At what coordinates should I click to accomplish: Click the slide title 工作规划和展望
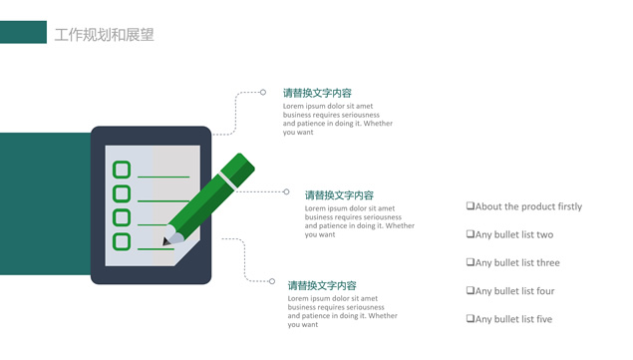[104, 35]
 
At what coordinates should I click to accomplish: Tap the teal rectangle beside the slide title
[23, 32]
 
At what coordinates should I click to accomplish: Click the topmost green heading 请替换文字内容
[317, 93]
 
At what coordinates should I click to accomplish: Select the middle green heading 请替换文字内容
[339, 195]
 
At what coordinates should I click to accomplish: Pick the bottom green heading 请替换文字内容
[322, 285]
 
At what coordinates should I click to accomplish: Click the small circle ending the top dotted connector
[263, 92]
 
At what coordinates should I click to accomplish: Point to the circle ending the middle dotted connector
[286, 191]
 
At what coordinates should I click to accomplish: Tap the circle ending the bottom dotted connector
[272, 281]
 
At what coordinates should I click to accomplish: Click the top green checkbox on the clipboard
[122, 170]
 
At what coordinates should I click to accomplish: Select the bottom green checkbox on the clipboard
[122, 241]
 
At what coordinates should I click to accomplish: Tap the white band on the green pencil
[227, 181]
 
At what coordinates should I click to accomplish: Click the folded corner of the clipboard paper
[187, 253]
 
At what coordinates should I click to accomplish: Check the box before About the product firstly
[471, 206]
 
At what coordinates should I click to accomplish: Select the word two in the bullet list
[544, 234]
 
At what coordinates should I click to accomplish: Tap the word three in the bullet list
[547, 263]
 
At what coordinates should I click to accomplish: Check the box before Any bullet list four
[471, 290]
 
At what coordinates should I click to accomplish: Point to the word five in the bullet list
[544, 319]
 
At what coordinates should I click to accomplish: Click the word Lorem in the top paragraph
[293, 107]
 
